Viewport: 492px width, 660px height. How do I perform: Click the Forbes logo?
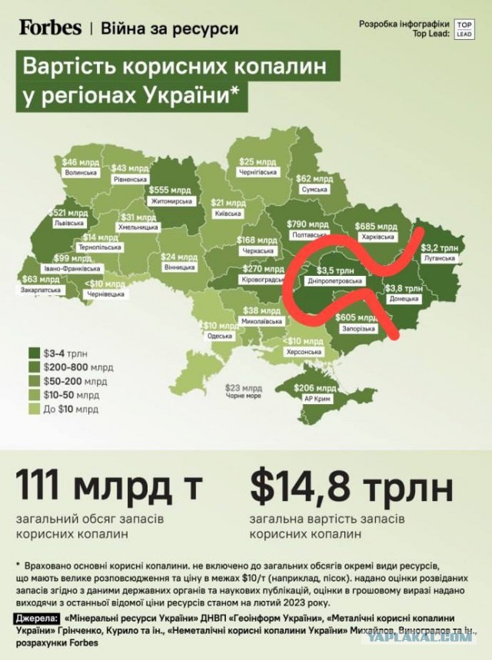[50, 28]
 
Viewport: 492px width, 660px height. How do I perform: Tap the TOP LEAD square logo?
[464, 29]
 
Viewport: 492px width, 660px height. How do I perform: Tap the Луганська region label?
[439, 258]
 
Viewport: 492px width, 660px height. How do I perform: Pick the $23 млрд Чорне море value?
[238, 387]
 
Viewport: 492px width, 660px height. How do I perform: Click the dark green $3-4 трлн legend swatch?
[35, 353]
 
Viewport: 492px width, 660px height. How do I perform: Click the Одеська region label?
[219, 335]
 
